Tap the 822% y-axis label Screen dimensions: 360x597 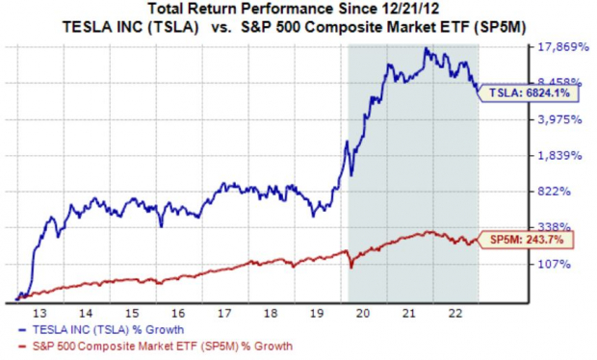(560, 192)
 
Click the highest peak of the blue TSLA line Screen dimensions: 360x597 (427, 47)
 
